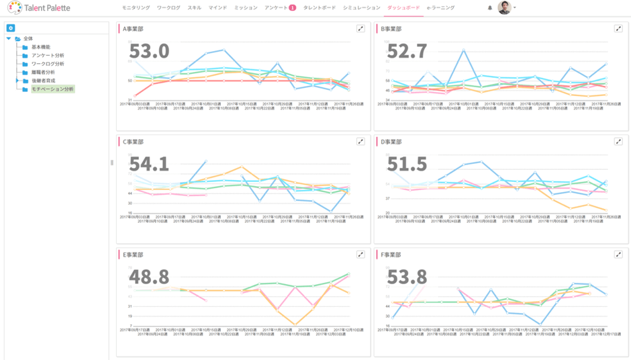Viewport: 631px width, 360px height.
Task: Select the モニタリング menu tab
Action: [x=136, y=8]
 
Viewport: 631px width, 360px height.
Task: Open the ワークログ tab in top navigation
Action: [x=168, y=8]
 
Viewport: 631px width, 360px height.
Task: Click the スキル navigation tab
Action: [x=194, y=8]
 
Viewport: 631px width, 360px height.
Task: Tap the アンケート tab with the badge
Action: [x=277, y=8]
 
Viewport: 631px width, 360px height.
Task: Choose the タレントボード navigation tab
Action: [x=320, y=8]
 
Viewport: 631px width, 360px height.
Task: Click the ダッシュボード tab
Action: [x=404, y=8]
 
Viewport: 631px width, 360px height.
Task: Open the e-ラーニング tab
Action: [x=440, y=8]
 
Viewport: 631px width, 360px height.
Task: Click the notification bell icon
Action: [x=489, y=8]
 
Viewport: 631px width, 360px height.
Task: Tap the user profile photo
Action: [x=504, y=8]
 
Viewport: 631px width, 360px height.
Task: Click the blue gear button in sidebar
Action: [x=11, y=28]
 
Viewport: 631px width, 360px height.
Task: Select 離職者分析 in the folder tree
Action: [x=43, y=72]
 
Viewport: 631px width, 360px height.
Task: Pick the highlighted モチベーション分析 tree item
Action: [x=52, y=89]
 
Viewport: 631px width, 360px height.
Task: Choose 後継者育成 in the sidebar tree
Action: [x=43, y=81]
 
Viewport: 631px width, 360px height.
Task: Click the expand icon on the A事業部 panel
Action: [x=360, y=29]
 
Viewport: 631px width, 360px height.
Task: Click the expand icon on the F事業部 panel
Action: [x=618, y=255]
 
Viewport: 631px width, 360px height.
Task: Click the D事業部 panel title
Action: [x=391, y=142]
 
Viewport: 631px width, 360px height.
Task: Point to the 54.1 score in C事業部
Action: [x=148, y=164]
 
